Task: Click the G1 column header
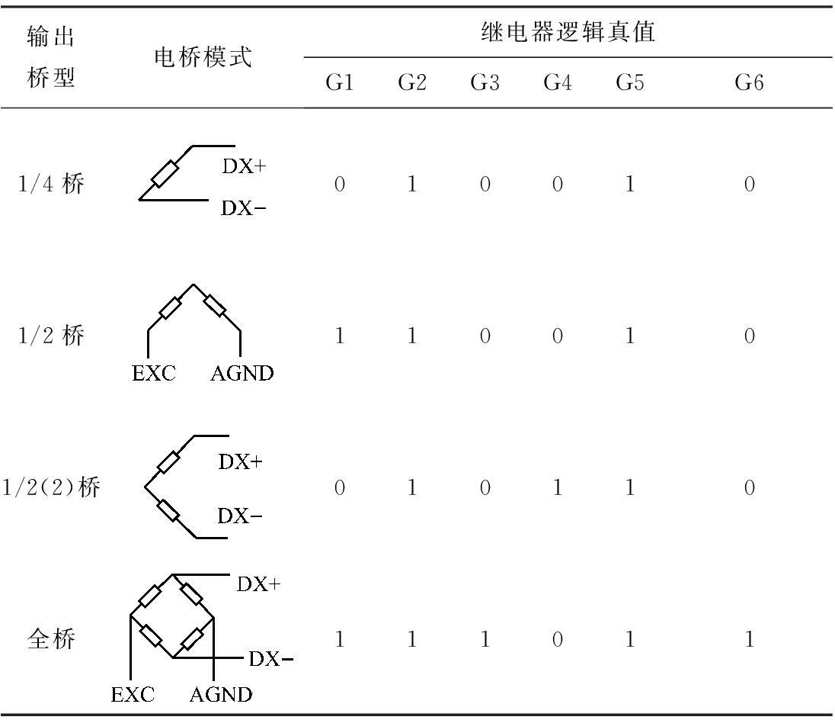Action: tap(339, 82)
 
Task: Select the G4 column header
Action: tap(557, 82)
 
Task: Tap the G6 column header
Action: tap(749, 82)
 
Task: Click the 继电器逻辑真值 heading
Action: tap(568, 32)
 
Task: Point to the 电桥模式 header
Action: tap(203, 57)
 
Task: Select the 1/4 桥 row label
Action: tap(51, 185)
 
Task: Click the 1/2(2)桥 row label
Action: tap(51, 487)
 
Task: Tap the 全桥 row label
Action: tap(51, 638)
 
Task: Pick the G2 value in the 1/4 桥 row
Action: tap(411, 185)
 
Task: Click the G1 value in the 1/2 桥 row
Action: tap(339, 336)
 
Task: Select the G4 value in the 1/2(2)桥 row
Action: tap(557, 487)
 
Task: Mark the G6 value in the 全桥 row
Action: tap(749, 638)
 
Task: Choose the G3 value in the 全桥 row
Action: tap(485, 638)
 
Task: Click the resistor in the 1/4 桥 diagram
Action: tap(165, 173)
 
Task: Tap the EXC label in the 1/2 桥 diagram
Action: tap(153, 373)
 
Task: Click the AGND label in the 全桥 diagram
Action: tap(220, 694)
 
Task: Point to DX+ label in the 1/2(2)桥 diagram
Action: tap(241, 461)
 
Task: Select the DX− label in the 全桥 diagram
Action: tap(271, 659)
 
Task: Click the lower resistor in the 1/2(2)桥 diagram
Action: tap(168, 511)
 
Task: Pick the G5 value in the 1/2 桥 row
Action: tap(629, 336)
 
